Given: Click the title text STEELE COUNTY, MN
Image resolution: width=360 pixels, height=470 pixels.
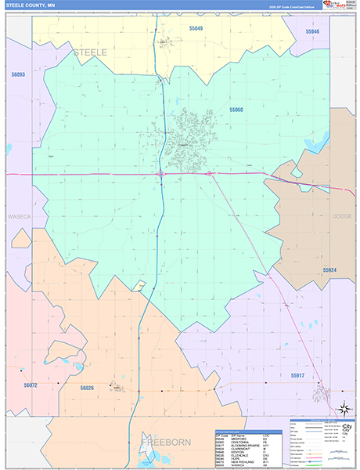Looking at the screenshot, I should tap(29, 5).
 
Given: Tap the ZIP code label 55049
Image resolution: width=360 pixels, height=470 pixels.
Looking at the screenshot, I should tap(194, 29).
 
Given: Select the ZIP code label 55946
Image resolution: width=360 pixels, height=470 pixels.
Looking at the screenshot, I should tap(312, 31).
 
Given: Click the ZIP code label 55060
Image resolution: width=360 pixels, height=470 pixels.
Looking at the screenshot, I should tap(236, 110).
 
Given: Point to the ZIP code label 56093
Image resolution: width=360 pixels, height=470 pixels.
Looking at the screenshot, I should tap(18, 75).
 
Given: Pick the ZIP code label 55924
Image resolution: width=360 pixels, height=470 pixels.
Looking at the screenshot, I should tap(329, 269).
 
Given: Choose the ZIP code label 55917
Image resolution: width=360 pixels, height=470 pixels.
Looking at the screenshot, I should tap(298, 376).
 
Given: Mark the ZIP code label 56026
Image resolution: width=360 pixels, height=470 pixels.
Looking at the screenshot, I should tap(86, 388).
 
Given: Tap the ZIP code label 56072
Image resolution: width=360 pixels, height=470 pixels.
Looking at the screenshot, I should tap(31, 385).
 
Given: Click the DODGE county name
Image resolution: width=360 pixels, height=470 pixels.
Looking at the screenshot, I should tap(343, 216).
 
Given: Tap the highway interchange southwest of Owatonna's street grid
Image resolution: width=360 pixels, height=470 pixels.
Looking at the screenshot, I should tap(160, 173).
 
